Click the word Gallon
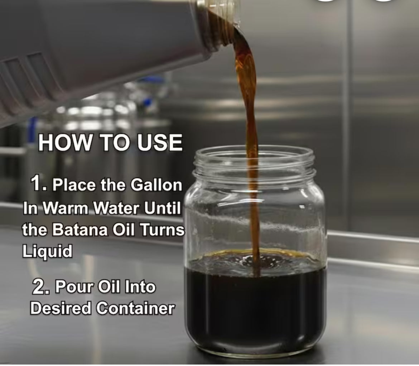(156, 185)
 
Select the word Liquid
(47, 251)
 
